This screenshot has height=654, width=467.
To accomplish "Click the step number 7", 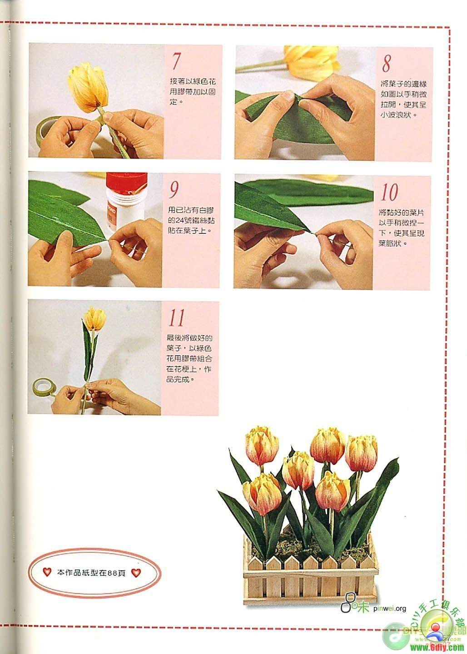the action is pos(175,62).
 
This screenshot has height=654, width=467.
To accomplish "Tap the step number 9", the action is pos(174,189).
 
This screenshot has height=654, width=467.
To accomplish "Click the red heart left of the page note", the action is pos(47,572).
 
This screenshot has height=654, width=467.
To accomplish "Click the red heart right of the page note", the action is pos(136,573).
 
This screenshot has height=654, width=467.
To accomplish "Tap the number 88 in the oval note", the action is pos(112,573).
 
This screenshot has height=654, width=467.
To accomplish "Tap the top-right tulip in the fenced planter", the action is pos(361,453).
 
